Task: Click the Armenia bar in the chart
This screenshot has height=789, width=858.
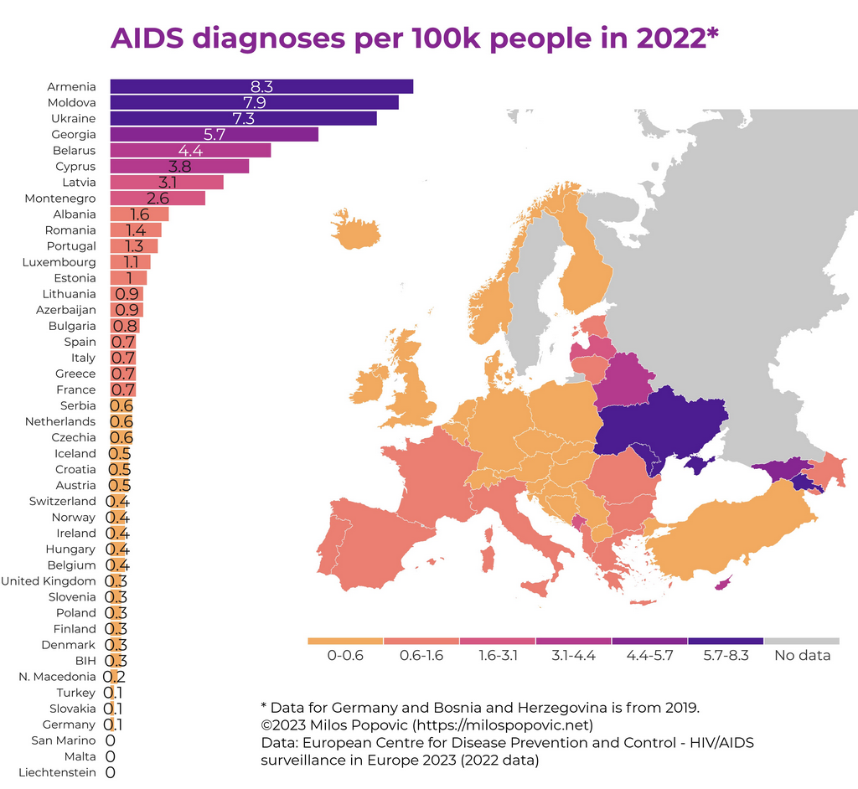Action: pyautogui.click(x=261, y=86)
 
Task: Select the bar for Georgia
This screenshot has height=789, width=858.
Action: pyautogui.click(x=214, y=134)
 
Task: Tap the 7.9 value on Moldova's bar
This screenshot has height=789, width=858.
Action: pyautogui.click(x=254, y=102)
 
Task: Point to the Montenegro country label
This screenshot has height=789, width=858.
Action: pyautogui.click(x=60, y=199)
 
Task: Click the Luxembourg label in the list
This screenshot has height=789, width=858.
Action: pyautogui.click(x=59, y=262)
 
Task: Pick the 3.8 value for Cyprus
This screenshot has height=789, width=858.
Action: pyautogui.click(x=180, y=167)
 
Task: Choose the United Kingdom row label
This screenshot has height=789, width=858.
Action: pyautogui.click(x=49, y=581)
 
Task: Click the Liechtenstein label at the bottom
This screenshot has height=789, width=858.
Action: pyautogui.click(x=57, y=772)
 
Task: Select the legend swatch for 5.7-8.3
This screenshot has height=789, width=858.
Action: pyautogui.click(x=726, y=641)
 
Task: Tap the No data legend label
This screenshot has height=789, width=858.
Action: pyautogui.click(x=803, y=655)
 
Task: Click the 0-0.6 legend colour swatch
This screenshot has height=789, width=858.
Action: pyautogui.click(x=345, y=641)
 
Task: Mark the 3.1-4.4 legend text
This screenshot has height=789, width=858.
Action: pyautogui.click(x=573, y=655)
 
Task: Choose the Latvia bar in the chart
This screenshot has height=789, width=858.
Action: pyautogui.click(x=167, y=183)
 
